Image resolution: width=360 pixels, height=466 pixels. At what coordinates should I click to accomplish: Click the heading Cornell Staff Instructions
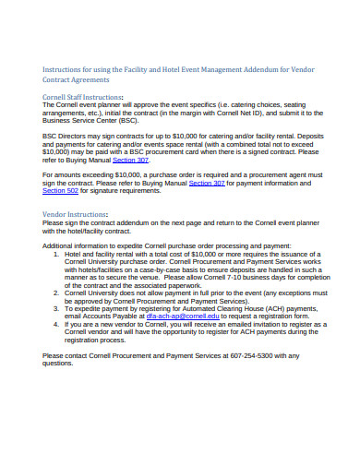pyautogui.click(x=83, y=95)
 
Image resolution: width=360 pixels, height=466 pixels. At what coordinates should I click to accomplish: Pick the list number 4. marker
pyautogui.click(x=55, y=324)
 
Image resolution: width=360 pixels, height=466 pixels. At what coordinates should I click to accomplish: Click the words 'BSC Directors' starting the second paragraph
pyautogui.click(x=66, y=136)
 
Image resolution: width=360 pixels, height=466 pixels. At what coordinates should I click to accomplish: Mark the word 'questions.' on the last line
pyautogui.click(x=58, y=364)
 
